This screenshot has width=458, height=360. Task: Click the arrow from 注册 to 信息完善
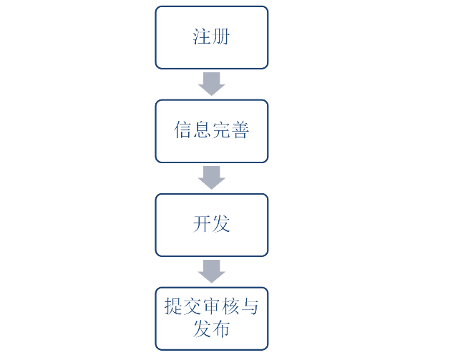[x=212, y=84]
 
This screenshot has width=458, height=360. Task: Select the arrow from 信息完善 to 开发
[x=212, y=177]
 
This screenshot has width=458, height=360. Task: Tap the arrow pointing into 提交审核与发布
[x=212, y=271]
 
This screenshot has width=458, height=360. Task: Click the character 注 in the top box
[x=202, y=37]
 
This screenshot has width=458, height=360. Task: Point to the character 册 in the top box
[x=220, y=37]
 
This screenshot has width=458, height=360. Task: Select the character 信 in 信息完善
[x=183, y=130]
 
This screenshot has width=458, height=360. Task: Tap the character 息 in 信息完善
[x=202, y=130]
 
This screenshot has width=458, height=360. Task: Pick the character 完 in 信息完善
[x=221, y=130]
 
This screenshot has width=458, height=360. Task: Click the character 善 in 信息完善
[x=240, y=130]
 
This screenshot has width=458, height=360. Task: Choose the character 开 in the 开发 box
[x=202, y=224]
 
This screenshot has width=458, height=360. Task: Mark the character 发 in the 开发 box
[x=221, y=224]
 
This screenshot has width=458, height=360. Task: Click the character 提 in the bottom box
[x=174, y=306]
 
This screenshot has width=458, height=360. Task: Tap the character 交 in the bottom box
[x=193, y=306]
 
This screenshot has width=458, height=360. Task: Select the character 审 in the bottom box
[x=212, y=306]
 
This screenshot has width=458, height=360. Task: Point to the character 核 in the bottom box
[x=230, y=306]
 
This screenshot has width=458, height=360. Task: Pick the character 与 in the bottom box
[x=249, y=306]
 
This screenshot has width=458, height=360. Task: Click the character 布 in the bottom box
[x=221, y=329]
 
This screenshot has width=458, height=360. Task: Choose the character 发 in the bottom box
[x=202, y=329]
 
